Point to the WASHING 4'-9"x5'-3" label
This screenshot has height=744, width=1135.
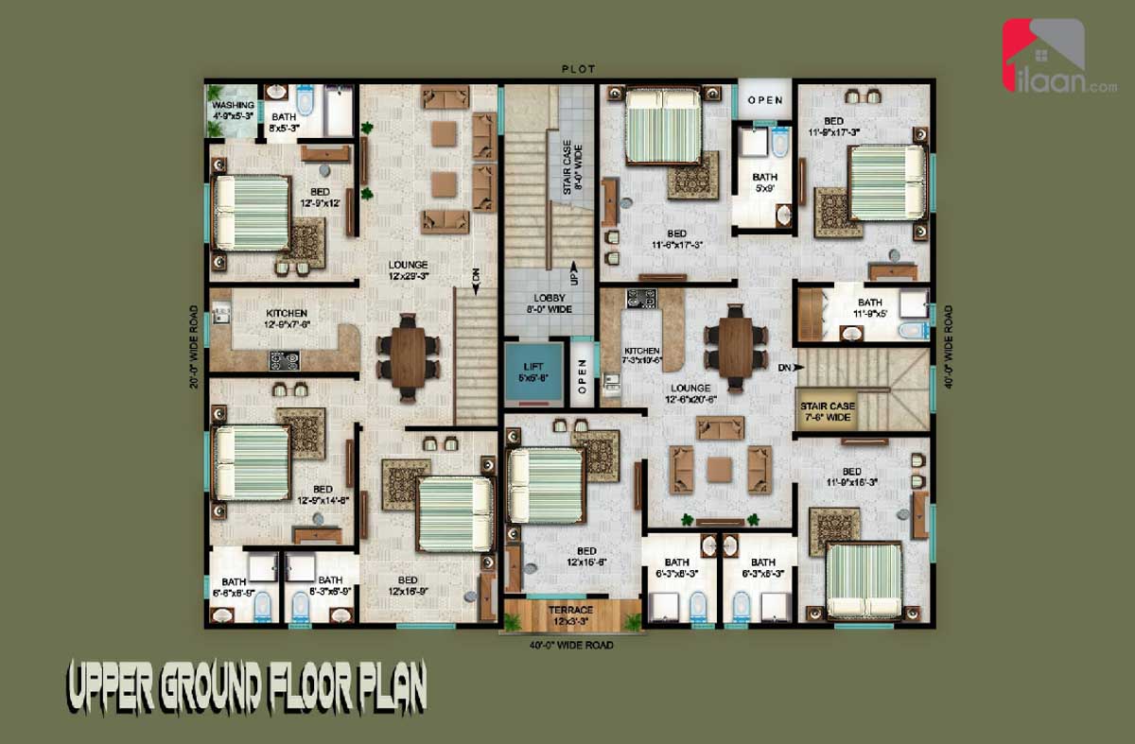pyautogui.click(x=233, y=110)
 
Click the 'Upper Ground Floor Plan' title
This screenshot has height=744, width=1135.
pyautogui.click(x=246, y=687)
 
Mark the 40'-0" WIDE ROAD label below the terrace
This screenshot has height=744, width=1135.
pyautogui.click(x=570, y=646)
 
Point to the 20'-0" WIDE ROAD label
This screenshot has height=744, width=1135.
pyautogui.click(x=194, y=346)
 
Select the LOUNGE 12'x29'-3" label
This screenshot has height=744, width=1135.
pyautogui.click(x=408, y=270)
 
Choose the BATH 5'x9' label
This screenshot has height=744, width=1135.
pyautogui.click(x=764, y=182)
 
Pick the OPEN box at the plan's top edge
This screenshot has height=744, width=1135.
pyautogui.click(x=765, y=100)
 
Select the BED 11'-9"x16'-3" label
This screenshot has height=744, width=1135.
pyautogui.click(x=851, y=476)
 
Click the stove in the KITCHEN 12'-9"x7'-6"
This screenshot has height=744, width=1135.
pyautogui.click(x=285, y=359)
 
